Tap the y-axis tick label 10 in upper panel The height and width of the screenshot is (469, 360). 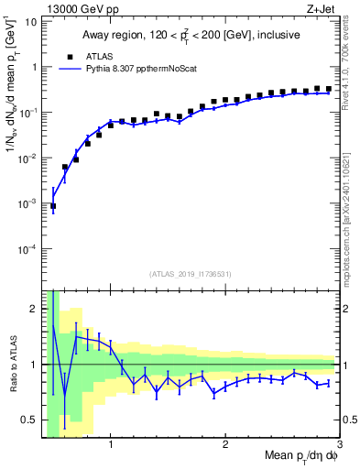[30, 22]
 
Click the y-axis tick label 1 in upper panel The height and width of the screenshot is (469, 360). [33, 68]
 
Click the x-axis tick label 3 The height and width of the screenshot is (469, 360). [340, 445]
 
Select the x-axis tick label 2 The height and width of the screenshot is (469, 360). [225, 445]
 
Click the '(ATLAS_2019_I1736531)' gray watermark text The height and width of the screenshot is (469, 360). [191, 274]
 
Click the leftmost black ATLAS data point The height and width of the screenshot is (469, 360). [53, 206]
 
